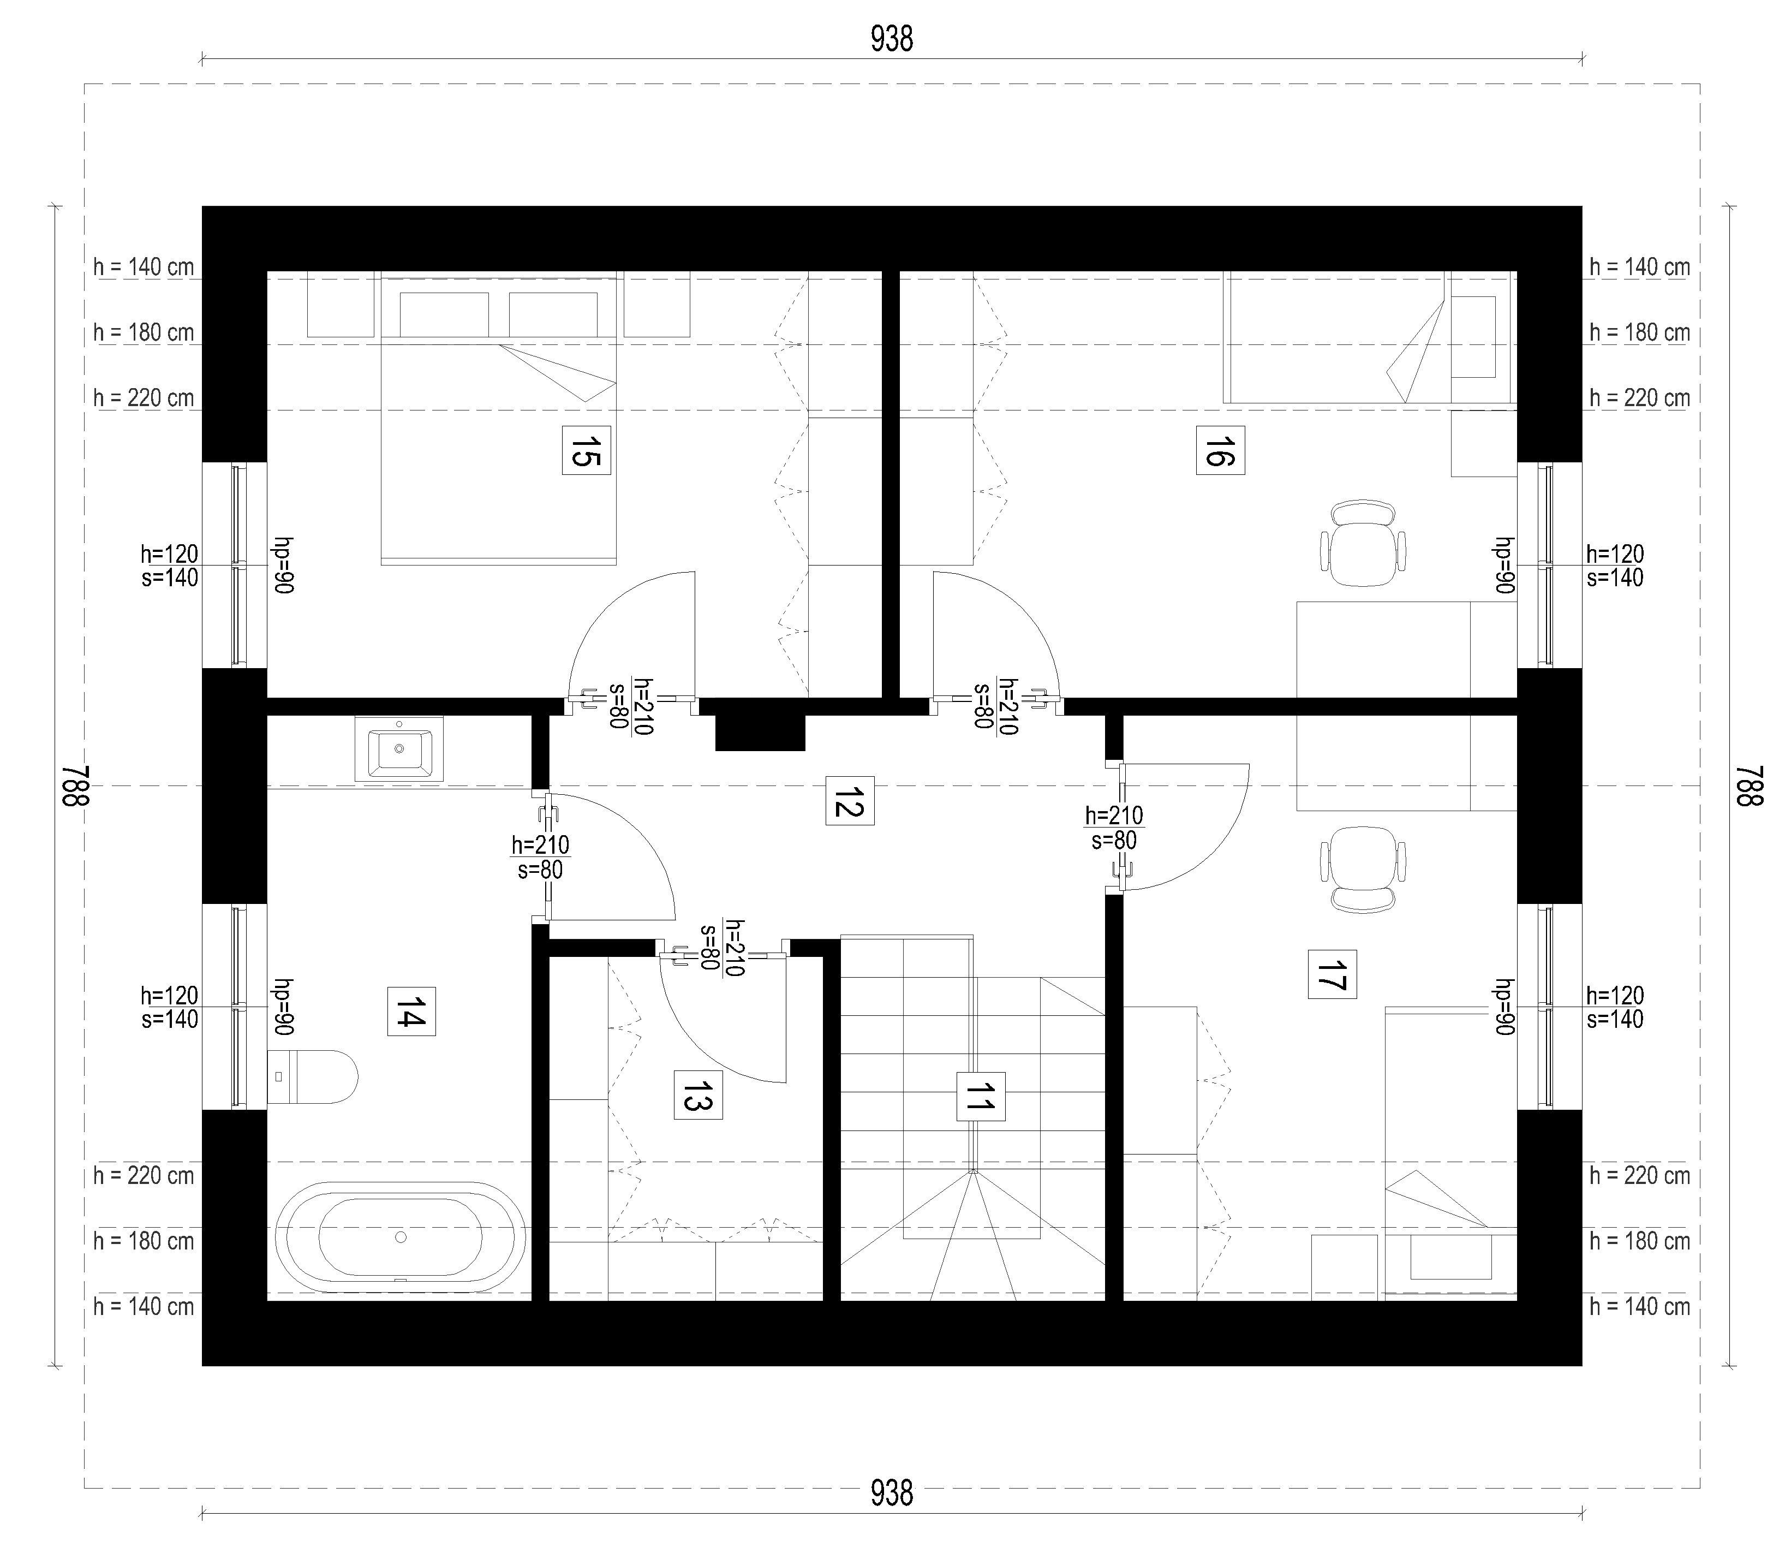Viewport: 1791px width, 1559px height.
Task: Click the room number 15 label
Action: point(586,450)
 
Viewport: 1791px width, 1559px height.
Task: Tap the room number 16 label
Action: point(1220,450)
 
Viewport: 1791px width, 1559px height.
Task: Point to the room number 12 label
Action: point(849,800)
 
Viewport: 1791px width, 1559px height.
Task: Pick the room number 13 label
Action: point(697,1094)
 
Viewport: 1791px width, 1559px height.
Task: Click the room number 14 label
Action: point(411,1011)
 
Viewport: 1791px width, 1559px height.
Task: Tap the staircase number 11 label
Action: point(980,1096)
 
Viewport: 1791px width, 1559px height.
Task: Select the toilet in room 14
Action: point(312,1076)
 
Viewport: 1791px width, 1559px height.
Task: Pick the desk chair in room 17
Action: point(1363,868)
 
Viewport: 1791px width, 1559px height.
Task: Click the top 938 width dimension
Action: point(892,39)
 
